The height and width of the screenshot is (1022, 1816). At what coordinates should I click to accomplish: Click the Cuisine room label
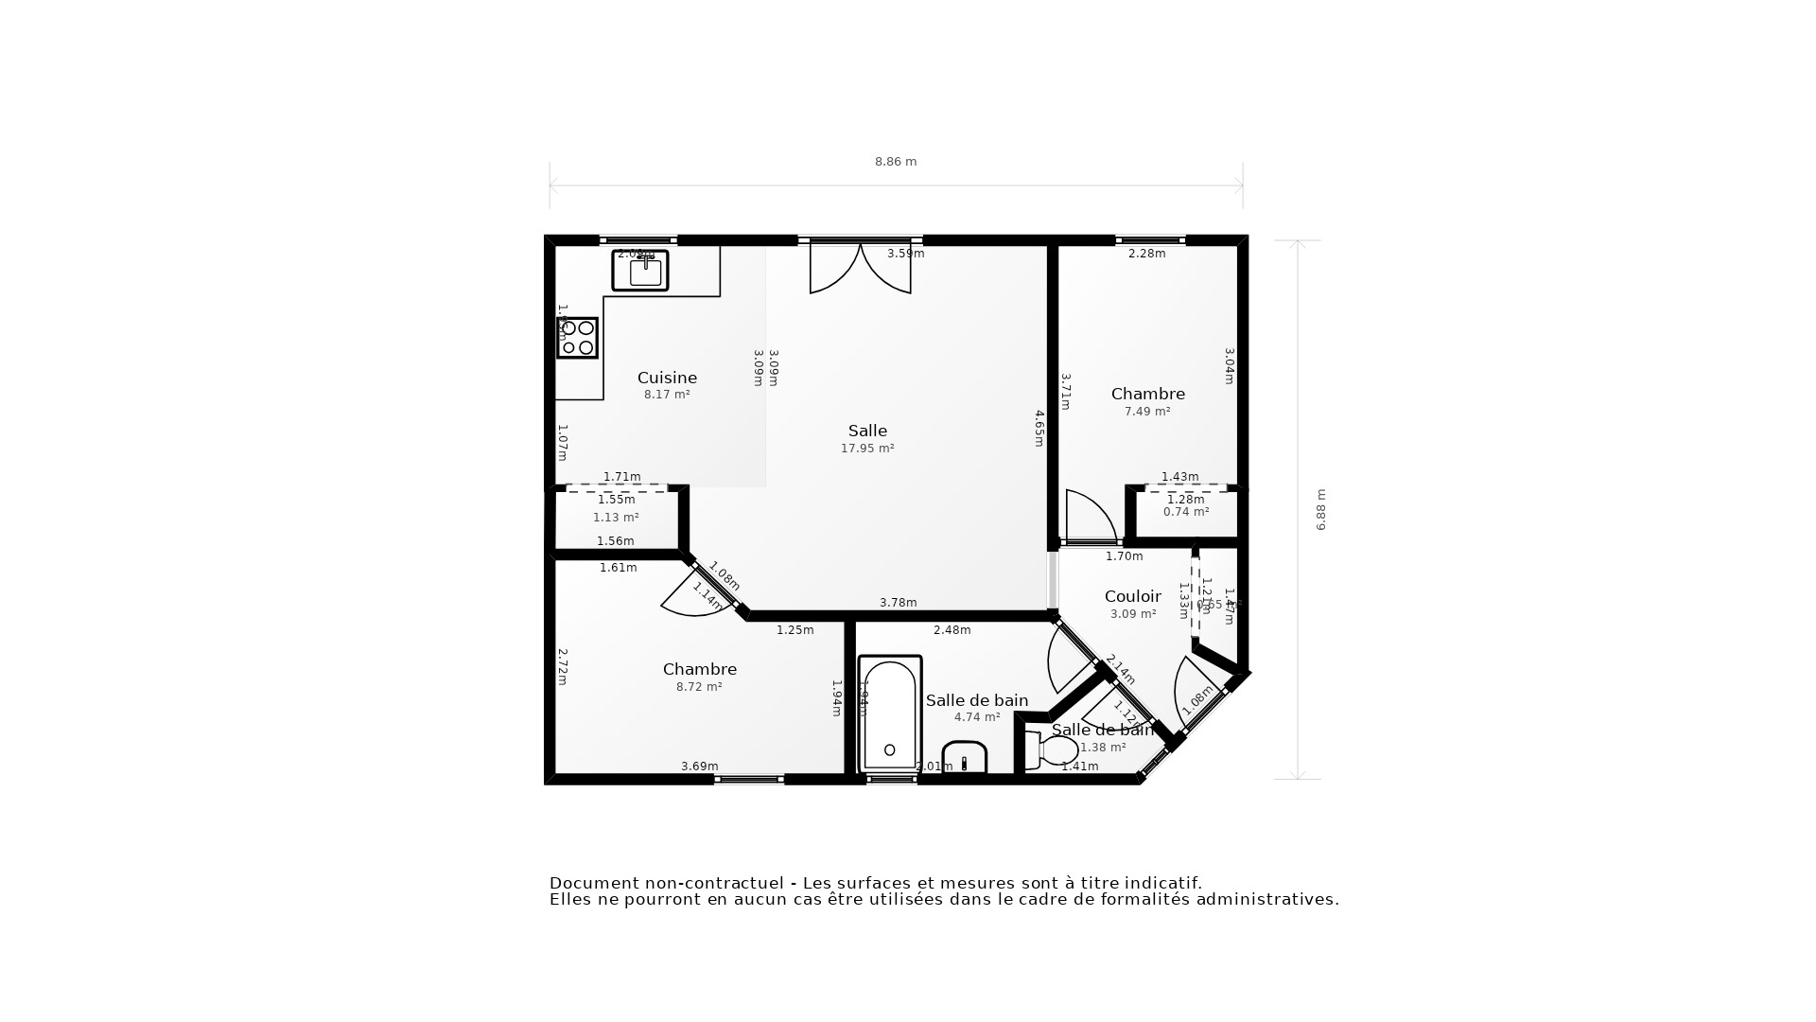667,378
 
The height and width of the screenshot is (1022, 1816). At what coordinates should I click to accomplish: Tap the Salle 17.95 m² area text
867,449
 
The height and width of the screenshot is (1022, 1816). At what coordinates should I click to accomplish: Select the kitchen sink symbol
640,271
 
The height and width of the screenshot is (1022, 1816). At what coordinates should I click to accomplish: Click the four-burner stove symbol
577,338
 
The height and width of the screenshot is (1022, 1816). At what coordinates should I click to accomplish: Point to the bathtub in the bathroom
889,714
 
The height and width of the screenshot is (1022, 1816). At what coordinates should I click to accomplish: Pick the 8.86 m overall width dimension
896,162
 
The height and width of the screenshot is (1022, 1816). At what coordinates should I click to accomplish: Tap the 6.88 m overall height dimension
1321,509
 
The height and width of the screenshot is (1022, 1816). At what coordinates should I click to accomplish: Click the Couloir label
1132,596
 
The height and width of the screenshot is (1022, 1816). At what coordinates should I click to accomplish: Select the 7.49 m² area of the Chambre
1147,412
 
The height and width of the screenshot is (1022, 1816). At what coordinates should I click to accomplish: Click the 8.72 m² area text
699,687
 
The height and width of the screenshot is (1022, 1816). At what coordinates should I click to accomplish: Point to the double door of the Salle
861,269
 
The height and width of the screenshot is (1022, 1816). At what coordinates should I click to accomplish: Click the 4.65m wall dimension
1039,428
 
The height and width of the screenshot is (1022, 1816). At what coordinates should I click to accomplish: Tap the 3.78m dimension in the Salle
898,603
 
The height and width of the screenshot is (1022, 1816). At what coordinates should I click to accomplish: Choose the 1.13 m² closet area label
616,518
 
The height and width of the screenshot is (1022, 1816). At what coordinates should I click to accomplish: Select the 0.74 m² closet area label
1186,512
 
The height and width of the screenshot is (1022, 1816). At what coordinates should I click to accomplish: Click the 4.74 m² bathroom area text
977,717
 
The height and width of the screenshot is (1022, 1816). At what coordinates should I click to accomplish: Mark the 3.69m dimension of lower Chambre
700,766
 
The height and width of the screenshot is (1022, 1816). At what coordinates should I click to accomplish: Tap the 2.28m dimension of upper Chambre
1146,254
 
